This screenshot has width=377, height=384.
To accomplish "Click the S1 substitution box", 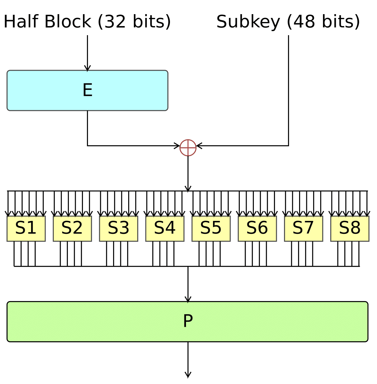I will point(26,228).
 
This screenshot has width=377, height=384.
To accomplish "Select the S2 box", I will point(72,228).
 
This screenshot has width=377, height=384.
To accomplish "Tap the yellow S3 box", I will point(118,228).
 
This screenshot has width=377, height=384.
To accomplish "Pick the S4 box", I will point(165,228).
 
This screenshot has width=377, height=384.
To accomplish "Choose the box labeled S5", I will point(211,228).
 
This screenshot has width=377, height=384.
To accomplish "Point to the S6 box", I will point(257,228).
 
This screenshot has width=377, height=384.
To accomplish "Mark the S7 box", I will point(303,228).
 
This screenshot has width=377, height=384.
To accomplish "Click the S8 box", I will point(350,228).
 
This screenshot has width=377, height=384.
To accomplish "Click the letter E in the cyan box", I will point(87,90).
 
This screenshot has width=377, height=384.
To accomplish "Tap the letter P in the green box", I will point(188,321).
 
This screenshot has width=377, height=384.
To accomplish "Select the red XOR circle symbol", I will point(188,148).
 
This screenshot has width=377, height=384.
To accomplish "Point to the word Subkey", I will point(248,22).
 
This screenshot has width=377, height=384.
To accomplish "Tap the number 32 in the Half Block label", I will point(115,22).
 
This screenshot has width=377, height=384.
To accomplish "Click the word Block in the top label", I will point(68,22).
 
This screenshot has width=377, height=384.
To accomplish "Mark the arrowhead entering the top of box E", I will point(87,68).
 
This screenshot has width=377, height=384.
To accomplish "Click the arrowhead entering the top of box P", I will point(188,299).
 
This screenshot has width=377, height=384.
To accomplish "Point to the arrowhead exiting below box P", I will point(188,375).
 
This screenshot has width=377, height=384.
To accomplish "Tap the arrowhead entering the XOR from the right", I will point(199,146).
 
